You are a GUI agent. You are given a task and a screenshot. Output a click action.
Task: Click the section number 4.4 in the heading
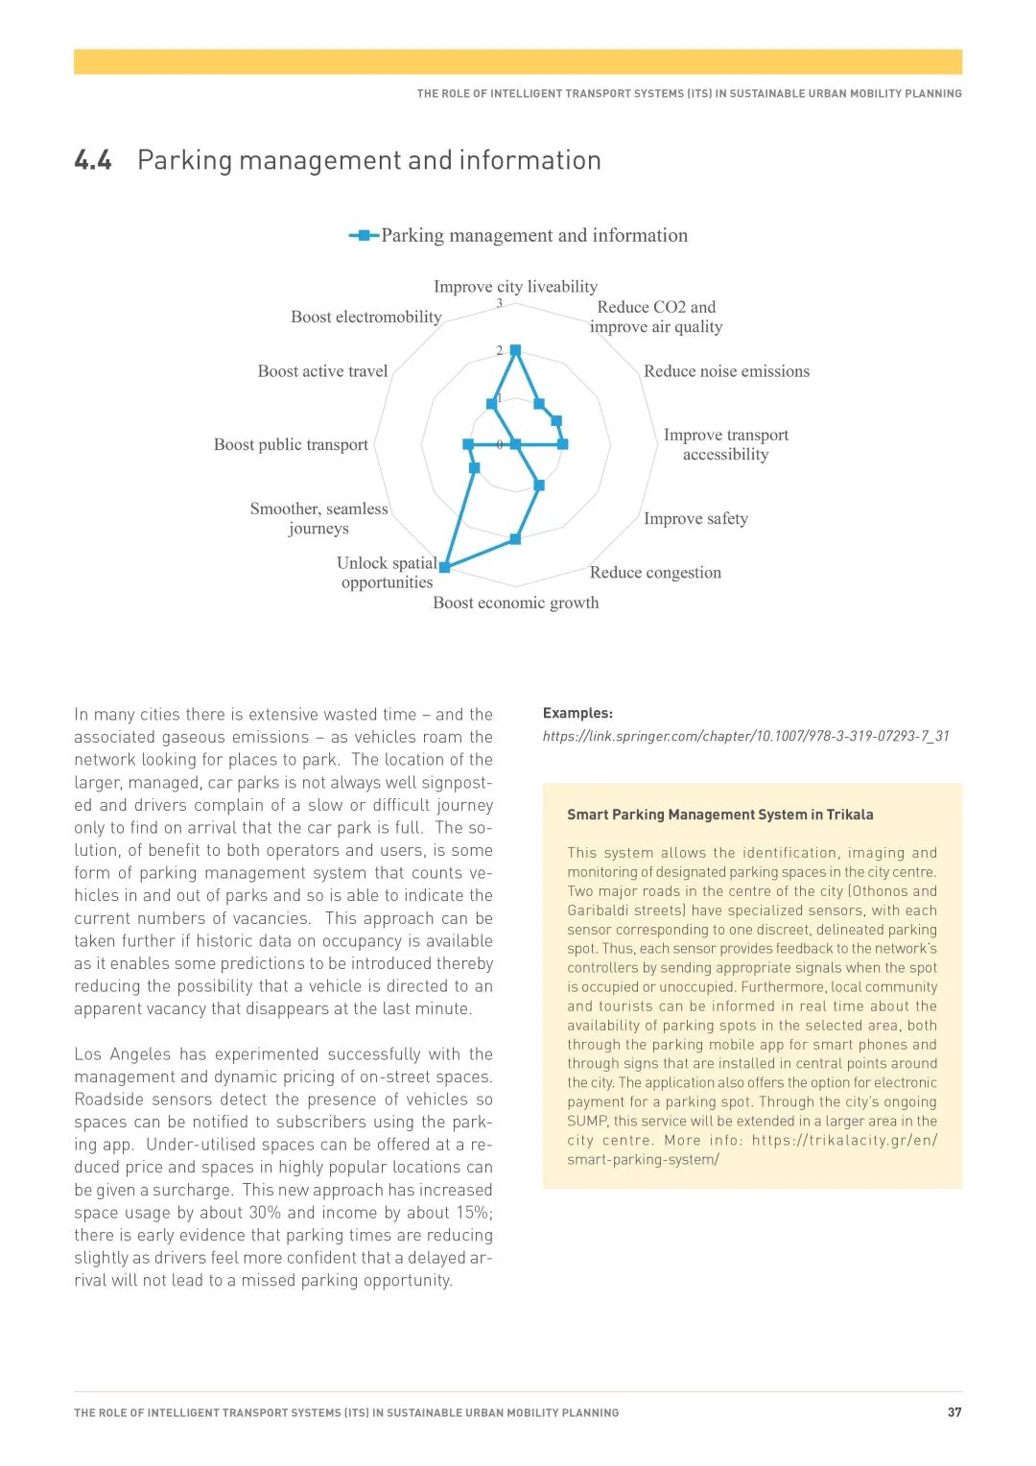tap(93, 160)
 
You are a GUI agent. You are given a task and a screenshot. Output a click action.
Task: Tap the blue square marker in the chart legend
tap(364, 235)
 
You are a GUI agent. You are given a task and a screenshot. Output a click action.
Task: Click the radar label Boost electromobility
tap(366, 317)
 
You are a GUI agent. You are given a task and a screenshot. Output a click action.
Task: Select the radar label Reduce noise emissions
tap(726, 371)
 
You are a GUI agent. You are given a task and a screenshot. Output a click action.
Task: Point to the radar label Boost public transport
tap(291, 444)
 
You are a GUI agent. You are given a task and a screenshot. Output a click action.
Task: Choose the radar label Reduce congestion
tap(655, 573)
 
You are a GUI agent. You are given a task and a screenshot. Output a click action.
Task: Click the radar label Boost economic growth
tap(516, 603)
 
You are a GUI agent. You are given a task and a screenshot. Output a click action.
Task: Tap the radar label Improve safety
tap(695, 518)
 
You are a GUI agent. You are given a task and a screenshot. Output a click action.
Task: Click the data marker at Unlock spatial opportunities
tap(444, 567)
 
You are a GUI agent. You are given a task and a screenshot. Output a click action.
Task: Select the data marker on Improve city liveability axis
tap(515, 350)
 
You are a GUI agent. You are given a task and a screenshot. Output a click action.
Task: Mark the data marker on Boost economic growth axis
tap(515, 539)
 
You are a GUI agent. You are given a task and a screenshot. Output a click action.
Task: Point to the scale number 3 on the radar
tap(499, 303)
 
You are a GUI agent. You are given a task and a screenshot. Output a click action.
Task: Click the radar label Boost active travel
tap(322, 371)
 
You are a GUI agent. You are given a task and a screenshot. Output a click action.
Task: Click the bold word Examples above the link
tap(577, 713)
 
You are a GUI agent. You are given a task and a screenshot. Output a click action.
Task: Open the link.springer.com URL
tap(745, 736)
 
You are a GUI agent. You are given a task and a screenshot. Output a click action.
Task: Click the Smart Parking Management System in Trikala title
tap(719, 815)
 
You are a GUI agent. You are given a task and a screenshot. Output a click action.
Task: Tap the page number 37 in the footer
tap(954, 1412)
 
